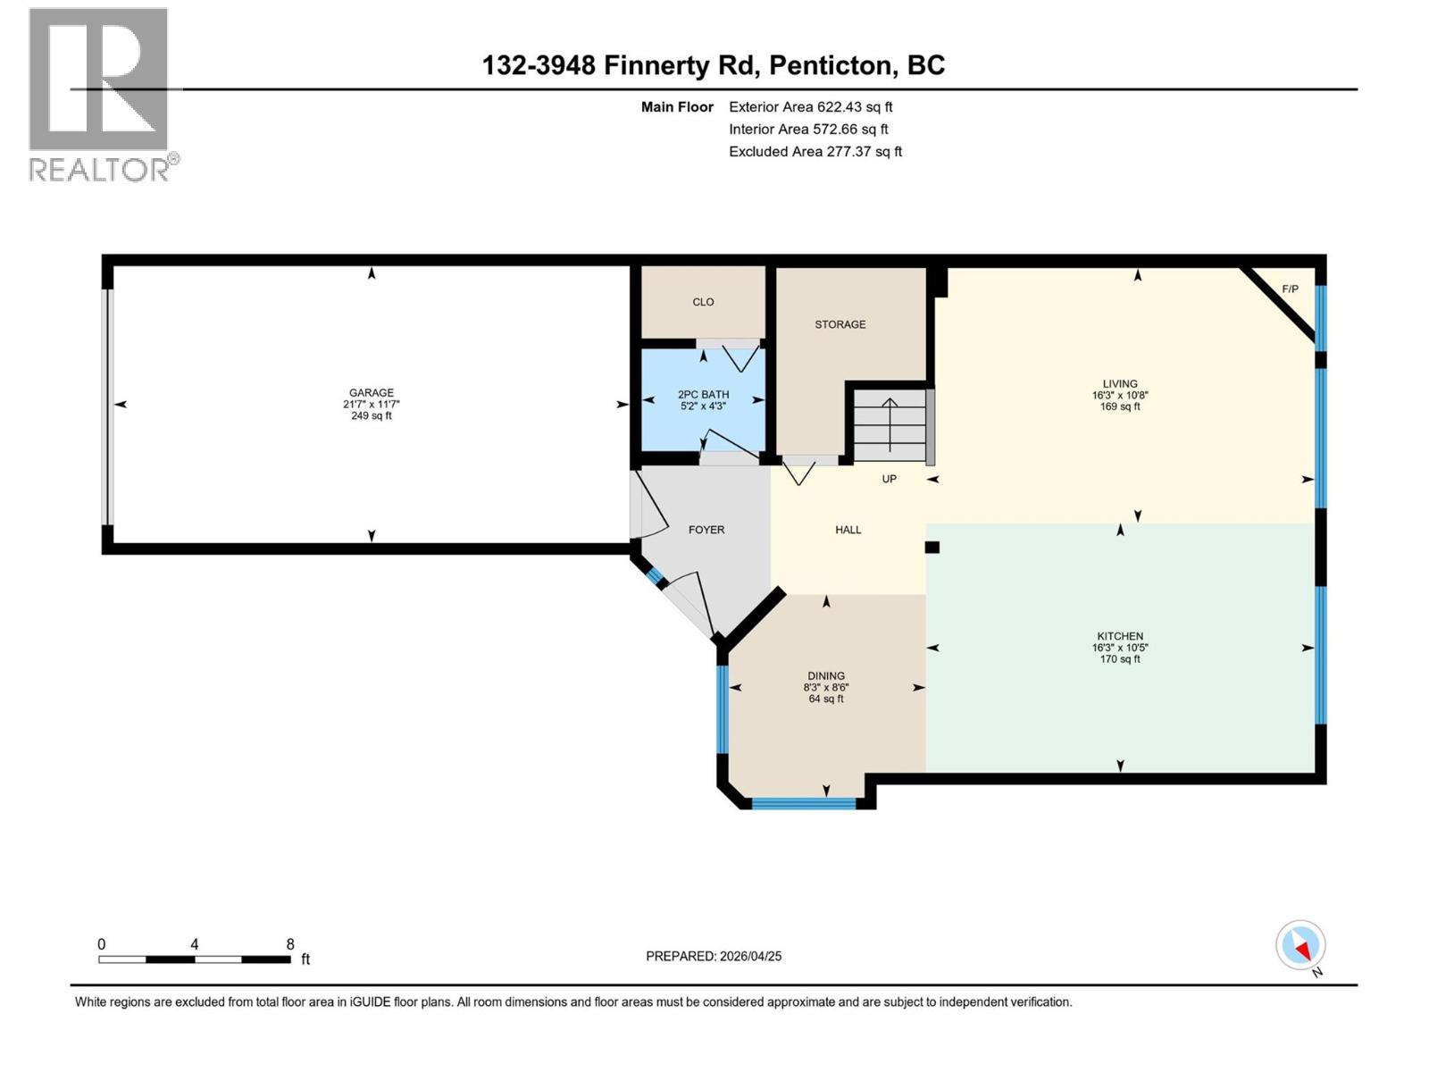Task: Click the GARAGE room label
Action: point(371,392)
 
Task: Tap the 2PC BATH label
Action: point(703,394)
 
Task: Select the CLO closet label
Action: point(703,302)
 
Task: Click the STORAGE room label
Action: point(840,324)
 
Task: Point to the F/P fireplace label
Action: point(1290,289)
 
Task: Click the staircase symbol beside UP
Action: point(890,423)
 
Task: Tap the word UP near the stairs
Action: point(889,479)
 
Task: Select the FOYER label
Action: point(706,530)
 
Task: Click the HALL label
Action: point(848,530)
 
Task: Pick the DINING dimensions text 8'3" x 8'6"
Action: point(825,688)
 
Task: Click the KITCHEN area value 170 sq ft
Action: point(1120,659)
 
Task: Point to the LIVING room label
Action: point(1120,383)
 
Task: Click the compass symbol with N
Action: point(1300,945)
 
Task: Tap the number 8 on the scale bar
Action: point(290,944)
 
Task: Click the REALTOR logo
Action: point(99,94)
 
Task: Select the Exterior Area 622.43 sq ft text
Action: point(810,107)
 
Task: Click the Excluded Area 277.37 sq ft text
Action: point(815,152)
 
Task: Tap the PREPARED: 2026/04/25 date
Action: point(714,956)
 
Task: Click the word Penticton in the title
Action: point(830,65)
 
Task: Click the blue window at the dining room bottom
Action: point(803,803)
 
